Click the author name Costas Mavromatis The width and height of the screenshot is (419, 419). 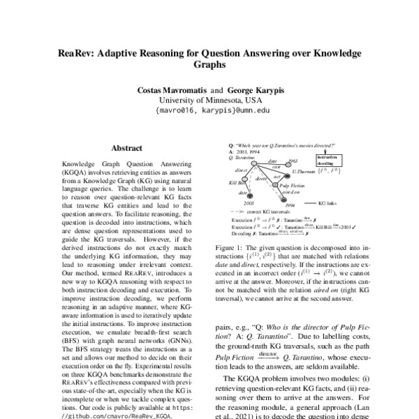click(168, 90)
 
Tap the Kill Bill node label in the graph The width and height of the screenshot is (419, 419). click(238, 182)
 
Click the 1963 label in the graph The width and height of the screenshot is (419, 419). click(293, 161)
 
